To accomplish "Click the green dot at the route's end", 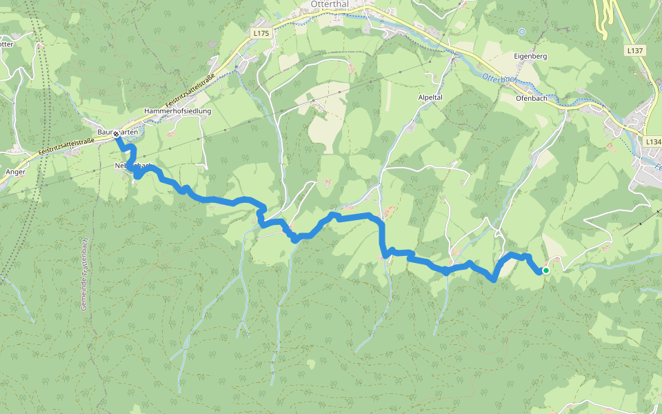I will [x=545, y=270].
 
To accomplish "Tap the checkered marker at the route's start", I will [x=116, y=137].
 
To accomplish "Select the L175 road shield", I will [x=260, y=32].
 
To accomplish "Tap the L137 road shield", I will [x=635, y=50].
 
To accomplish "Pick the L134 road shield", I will [x=653, y=141].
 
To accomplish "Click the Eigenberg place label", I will [x=530, y=55].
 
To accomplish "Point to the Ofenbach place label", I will [x=531, y=98].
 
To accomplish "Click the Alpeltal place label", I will [x=430, y=98].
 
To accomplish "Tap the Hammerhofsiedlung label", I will [x=177, y=110].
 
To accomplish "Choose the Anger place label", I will [x=15, y=172].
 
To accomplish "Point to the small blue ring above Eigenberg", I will [x=522, y=32].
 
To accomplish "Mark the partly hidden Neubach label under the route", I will [x=132, y=166].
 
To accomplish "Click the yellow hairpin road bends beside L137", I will [x=603, y=17].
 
